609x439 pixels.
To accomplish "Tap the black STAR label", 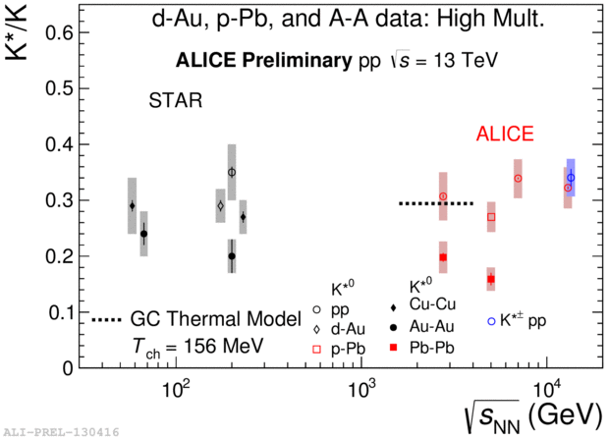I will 175,101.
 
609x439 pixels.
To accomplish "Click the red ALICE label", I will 505,135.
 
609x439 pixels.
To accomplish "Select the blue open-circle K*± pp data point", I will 571,178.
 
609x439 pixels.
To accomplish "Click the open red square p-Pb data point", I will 491,217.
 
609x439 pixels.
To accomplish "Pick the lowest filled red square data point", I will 491,279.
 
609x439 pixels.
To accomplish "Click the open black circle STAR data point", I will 232,172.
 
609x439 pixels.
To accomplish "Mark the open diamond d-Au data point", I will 221,206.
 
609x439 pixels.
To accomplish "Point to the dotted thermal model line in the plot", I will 436,203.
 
